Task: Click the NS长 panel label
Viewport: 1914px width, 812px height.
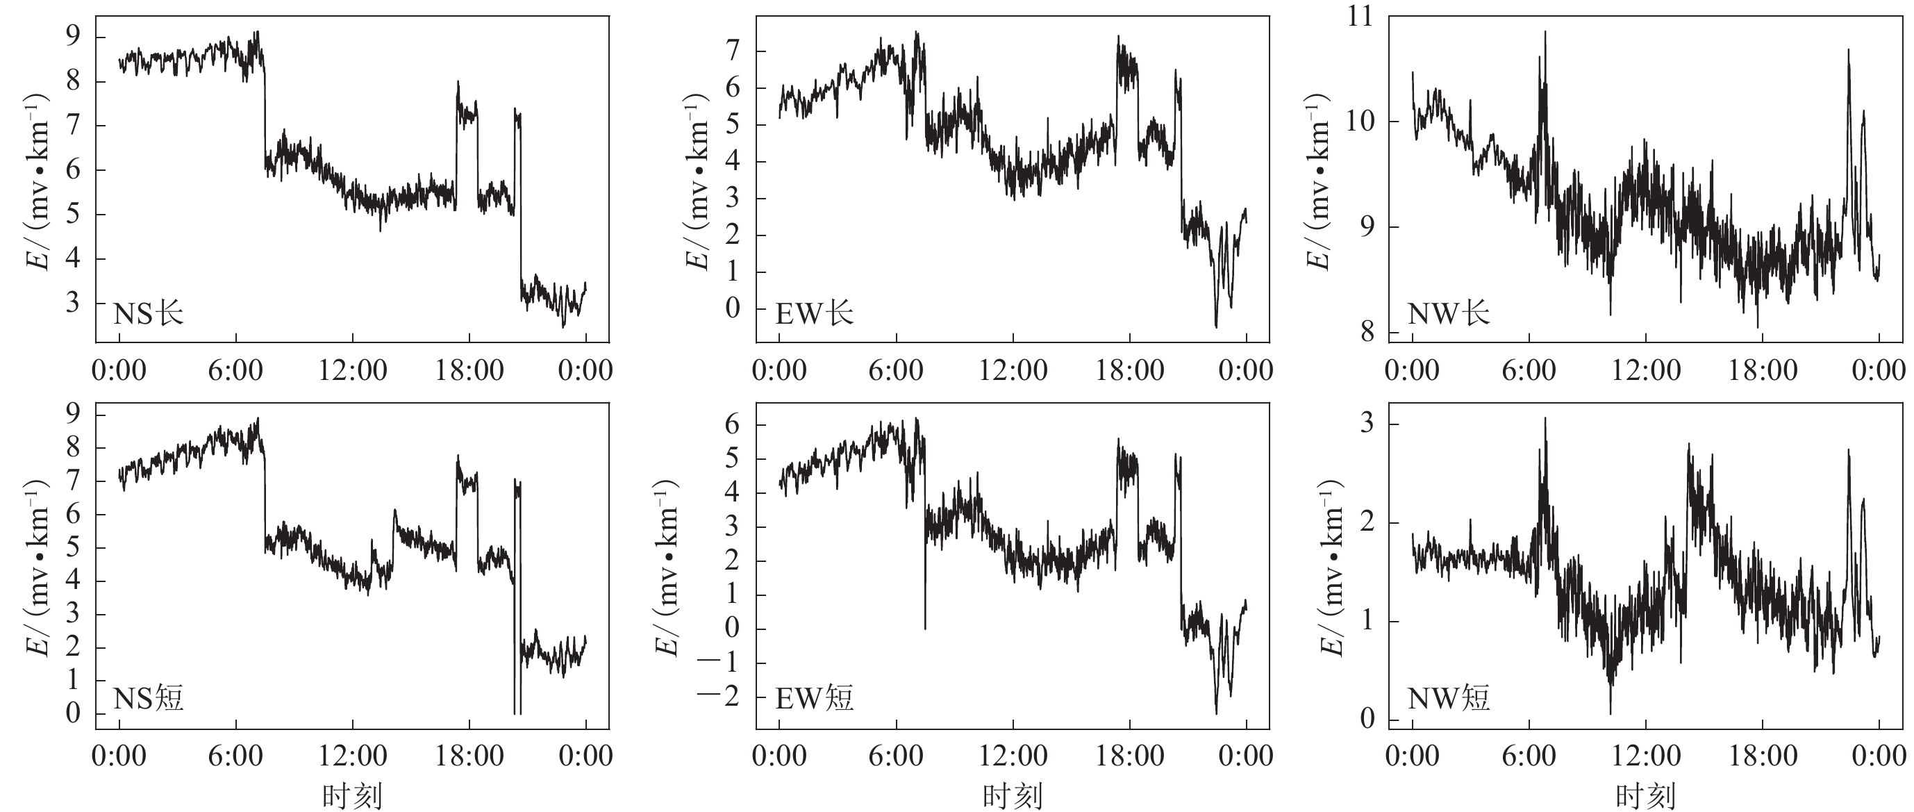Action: pyautogui.click(x=148, y=314)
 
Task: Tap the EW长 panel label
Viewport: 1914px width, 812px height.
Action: pyautogui.click(x=814, y=314)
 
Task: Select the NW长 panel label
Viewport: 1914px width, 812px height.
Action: pyautogui.click(x=1449, y=314)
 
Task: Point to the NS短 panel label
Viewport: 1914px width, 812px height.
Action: pyautogui.click(x=148, y=698)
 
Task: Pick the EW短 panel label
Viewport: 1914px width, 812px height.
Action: pyautogui.click(x=814, y=698)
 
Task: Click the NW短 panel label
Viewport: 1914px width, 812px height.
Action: pyautogui.click(x=1449, y=698)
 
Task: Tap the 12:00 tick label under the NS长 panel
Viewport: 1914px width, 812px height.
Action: pyautogui.click(x=352, y=370)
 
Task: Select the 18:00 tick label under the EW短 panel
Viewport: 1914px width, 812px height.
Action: pyautogui.click(x=1129, y=756)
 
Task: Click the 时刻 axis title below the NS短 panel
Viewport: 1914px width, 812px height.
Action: pyautogui.click(x=352, y=795)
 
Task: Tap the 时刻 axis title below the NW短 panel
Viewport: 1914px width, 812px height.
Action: pyautogui.click(x=1645, y=795)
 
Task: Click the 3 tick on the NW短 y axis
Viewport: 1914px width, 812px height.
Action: pyautogui.click(x=1367, y=424)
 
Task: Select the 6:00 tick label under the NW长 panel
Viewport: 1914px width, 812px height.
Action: pyautogui.click(x=1529, y=370)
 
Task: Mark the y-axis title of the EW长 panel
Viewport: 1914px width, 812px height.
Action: pyautogui.click(x=698, y=182)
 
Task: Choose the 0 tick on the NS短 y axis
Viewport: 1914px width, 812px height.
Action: pyautogui.click(x=73, y=713)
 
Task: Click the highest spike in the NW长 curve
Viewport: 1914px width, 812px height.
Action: pyautogui.click(x=1545, y=32)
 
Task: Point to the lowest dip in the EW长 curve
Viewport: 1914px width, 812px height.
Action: pyautogui.click(x=1215, y=326)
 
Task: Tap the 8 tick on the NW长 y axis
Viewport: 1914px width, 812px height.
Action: pyautogui.click(x=1367, y=331)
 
